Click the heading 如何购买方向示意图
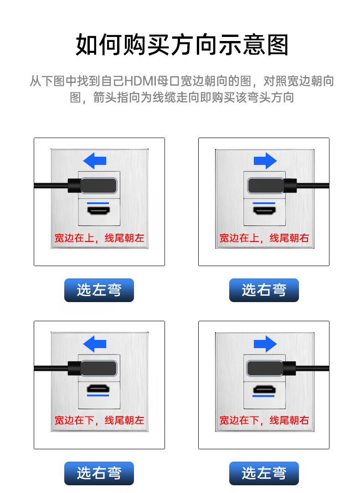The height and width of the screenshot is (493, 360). click(x=182, y=45)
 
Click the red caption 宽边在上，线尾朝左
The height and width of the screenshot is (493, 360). click(x=99, y=238)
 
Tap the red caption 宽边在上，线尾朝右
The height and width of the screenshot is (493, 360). click(x=264, y=238)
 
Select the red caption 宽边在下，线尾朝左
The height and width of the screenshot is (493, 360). click(x=99, y=420)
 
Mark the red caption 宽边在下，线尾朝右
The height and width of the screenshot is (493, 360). click(x=264, y=420)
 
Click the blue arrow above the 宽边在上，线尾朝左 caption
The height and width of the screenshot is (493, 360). click(x=95, y=160)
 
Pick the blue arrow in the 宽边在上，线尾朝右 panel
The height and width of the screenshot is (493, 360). click(x=265, y=160)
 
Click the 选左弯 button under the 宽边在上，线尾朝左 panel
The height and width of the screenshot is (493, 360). click(x=99, y=290)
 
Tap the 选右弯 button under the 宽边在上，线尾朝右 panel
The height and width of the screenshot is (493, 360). click(x=264, y=290)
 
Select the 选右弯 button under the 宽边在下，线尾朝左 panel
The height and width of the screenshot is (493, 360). click(x=99, y=473)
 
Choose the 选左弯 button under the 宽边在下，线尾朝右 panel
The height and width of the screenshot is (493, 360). click(x=264, y=473)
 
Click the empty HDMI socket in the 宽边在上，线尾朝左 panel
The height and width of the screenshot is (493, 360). click(x=98, y=211)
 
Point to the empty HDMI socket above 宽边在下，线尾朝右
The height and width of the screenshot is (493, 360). click(x=264, y=389)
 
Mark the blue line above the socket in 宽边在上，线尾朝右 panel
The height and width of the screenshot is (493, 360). click(x=264, y=202)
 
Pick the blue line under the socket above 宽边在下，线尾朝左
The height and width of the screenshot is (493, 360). click(x=98, y=396)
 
